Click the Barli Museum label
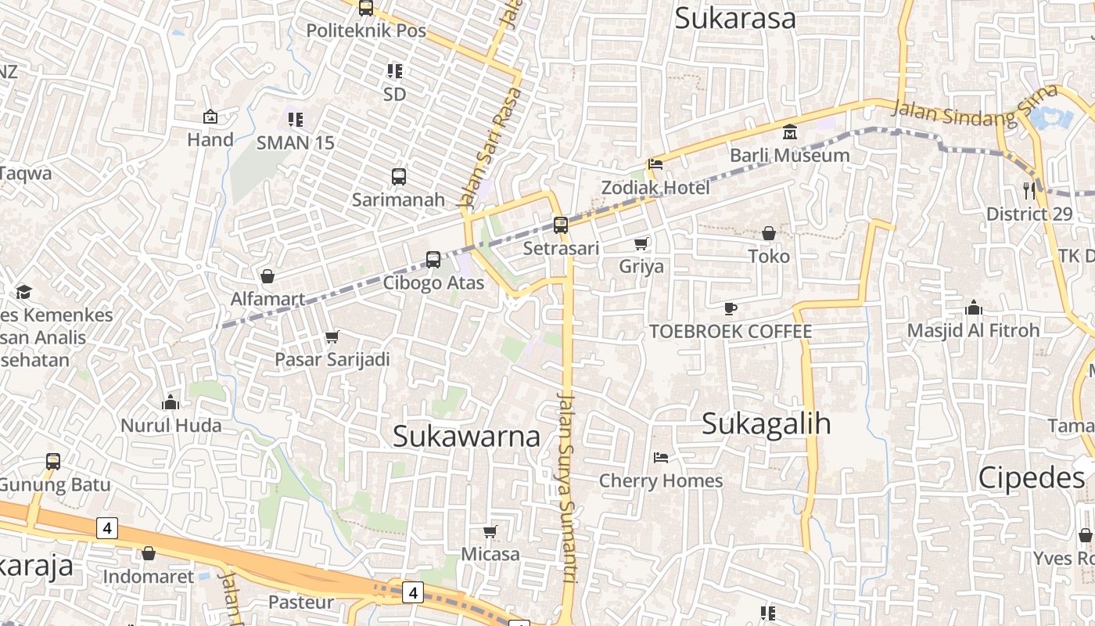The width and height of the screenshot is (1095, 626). click(x=789, y=155)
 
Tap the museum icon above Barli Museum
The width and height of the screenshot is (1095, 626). click(x=789, y=131)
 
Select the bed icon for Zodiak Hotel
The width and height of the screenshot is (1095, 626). click(x=655, y=164)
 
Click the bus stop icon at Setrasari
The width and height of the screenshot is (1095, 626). click(x=560, y=225)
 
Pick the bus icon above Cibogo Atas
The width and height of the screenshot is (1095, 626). click(x=433, y=260)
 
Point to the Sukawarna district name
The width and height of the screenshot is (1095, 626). click(x=466, y=437)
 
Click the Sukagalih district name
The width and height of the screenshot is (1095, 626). click(x=766, y=424)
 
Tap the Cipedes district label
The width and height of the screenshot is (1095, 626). click(x=1031, y=477)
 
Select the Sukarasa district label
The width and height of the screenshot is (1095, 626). click(x=734, y=18)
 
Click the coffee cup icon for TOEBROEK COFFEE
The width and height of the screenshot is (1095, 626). click(x=730, y=308)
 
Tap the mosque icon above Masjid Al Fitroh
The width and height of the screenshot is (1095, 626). click(x=973, y=308)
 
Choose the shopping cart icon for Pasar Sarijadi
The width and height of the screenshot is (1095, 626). click(x=332, y=337)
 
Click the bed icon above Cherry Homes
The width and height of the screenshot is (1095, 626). click(x=661, y=458)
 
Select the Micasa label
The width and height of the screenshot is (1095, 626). click(x=490, y=554)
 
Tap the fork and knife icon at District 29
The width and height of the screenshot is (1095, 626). click(x=1029, y=189)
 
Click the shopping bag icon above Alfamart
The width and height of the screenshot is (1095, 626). click(x=267, y=276)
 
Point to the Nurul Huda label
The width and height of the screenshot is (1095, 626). click(x=171, y=426)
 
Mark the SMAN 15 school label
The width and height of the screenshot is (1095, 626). click(x=295, y=142)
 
